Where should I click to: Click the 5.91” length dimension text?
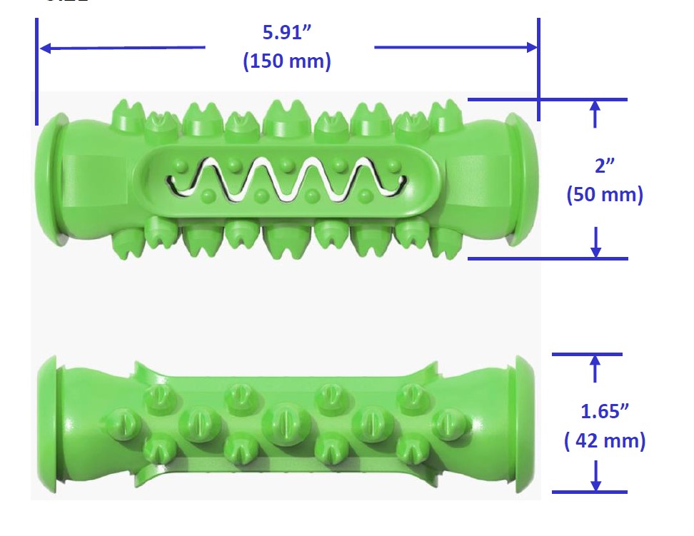pyautogui.click(x=287, y=32)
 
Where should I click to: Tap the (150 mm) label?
pyautogui.click(x=287, y=61)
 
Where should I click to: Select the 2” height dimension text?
pyautogui.click(x=605, y=166)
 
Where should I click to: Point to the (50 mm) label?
pyautogui.click(x=605, y=194)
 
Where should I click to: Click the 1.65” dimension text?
pyautogui.click(x=605, y=411)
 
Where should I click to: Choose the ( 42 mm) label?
pyautogui.click(x=605, y=441)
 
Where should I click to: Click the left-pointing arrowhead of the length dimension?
pyautogui.click(x=45, y=48)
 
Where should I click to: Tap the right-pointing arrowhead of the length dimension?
pyautogui.click(x=531, y=47)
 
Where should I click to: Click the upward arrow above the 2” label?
pyautogui.click(x=595, y=114)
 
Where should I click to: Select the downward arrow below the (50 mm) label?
pyautogui.click(x=595, y=242)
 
